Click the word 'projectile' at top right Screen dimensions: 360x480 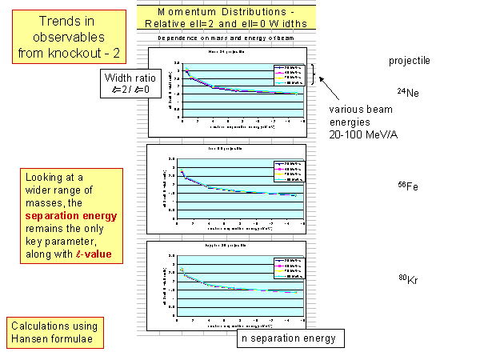coord(409,61)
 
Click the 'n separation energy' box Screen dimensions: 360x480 coord(290,338)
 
